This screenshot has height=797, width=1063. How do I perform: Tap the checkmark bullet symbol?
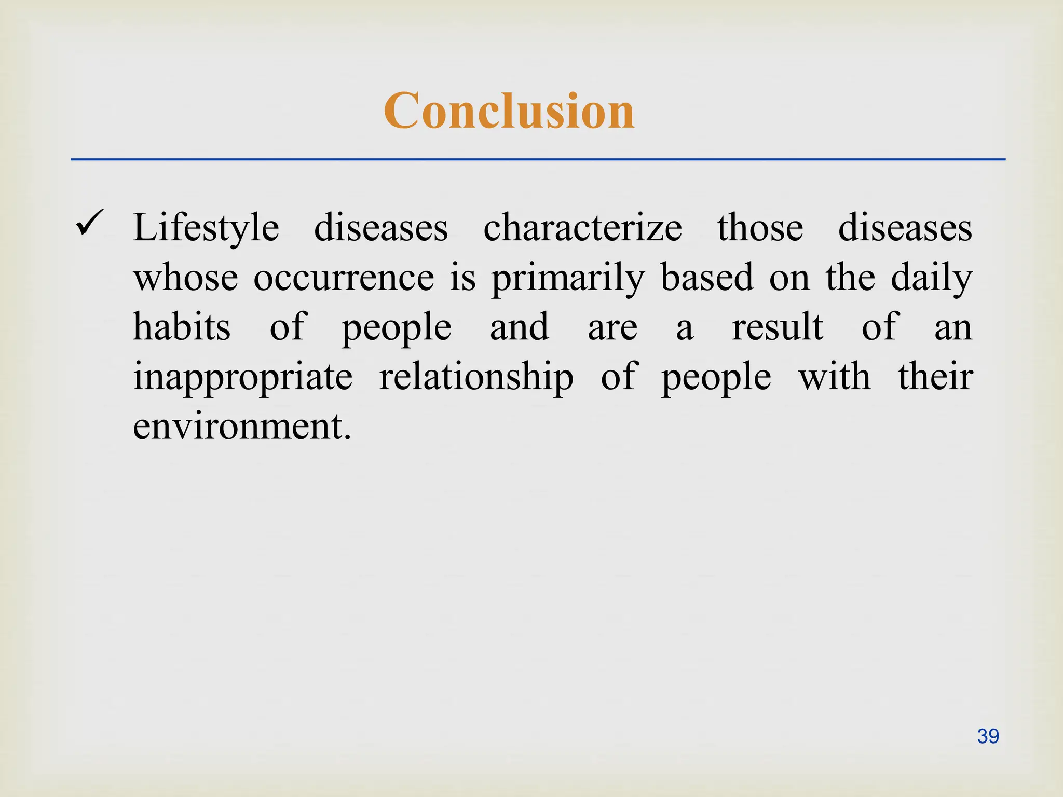(89, 223)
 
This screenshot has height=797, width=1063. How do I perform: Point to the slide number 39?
(988, 736)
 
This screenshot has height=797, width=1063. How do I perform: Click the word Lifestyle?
(206, 228)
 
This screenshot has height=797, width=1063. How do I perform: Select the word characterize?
(582, 228)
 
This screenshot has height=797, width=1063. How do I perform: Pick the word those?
(760, 228)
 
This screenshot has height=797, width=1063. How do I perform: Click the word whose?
(185, 278)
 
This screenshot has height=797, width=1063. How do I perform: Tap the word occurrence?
(344, 278)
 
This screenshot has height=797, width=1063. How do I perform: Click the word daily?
(931, 278)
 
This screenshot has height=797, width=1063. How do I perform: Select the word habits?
(182, 327)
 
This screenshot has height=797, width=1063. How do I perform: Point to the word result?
(777, 327)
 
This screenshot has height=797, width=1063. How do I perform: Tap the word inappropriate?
(243, 377)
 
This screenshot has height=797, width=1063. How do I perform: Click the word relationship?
(476, 377)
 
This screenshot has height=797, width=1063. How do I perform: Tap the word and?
(519, 327)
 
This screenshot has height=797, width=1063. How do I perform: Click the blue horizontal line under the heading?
(538, 159)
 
